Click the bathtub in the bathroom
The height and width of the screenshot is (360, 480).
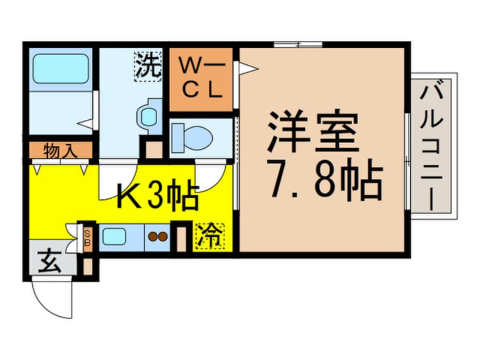click(x=60, y=69)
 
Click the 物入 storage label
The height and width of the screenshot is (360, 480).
click(x=61, y=151)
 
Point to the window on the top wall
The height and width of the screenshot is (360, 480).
click(x=298, y=44)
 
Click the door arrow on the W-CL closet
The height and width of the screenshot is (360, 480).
click(x=248, y=68)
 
